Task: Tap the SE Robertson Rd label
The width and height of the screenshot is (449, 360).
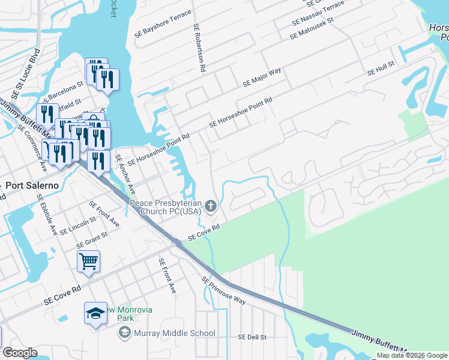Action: coord(199,48)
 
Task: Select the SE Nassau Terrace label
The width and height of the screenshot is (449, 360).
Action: coord(318,13)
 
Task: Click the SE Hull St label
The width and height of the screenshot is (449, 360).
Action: coord(381,68)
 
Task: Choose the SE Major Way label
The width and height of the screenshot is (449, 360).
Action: coord(262,78)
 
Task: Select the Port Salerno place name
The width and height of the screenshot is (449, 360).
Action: coord(32,185)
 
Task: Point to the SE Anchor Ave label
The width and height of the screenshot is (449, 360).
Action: coord(124,174)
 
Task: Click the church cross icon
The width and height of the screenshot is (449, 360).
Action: coord(210,206)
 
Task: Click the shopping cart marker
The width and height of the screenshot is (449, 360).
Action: coord(88,261)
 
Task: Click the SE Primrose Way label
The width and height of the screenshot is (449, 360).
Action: coord(224,290)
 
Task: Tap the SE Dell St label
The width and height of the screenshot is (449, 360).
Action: coord(252,337)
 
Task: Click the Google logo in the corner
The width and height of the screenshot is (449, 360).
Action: coord(20,353)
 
